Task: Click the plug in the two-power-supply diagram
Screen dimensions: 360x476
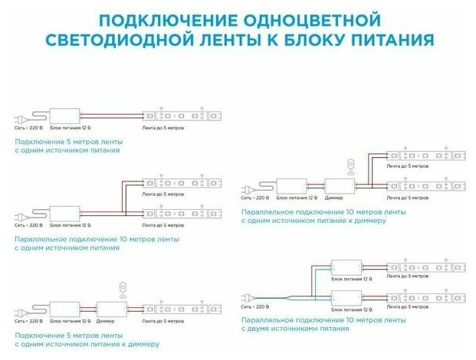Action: tap(247, 296)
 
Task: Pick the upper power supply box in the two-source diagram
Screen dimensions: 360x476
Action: tap(345, 267)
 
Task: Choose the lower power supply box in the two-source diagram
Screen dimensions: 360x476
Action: tap(345, 296)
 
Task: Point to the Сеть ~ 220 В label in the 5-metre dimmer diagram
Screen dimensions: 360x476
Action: tap(29, 321)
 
